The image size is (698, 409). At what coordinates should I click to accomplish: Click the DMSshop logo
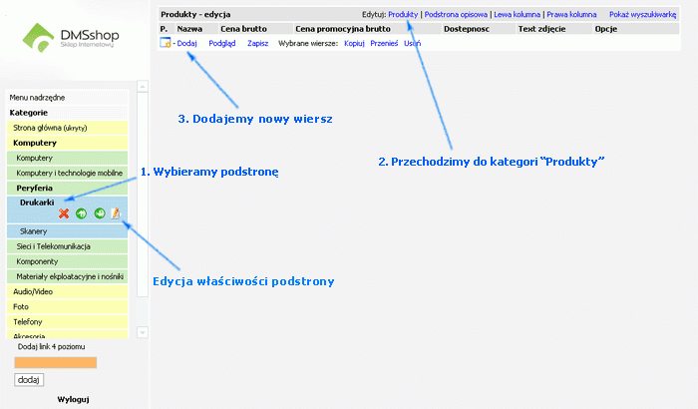tap(71, 38)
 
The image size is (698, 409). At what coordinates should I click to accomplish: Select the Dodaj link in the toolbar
tap(187, 43)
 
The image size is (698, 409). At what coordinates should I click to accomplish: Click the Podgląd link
tap(222, 43)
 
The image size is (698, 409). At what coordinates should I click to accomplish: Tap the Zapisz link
tap(257, 43)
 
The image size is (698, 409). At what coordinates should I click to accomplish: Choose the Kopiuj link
tap(354, 43)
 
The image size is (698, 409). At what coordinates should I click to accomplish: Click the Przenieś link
tap(384, 43)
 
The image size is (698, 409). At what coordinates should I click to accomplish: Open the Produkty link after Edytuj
tap(403, 14)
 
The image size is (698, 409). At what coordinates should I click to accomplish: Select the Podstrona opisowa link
tap(456, 14)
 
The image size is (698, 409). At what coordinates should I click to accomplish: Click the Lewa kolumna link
tap(518, 14)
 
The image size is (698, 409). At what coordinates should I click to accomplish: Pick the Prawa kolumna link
tap(571, 14)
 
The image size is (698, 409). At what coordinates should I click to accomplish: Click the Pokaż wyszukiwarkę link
tap(643, 14)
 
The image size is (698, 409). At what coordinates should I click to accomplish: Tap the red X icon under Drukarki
tap(64, 213)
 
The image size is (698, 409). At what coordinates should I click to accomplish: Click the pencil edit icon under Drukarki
tap(116, 213)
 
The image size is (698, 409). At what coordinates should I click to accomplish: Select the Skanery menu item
tap(67, 231)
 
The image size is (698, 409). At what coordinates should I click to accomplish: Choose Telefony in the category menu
tap(67, 321)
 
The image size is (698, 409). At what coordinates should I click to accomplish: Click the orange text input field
tap(56, 363)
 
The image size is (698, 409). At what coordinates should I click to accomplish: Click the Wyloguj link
tap(73, 399)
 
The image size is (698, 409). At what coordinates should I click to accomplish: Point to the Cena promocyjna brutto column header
tap(343, 29)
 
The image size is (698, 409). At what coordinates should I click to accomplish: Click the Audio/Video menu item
tap(67, 292)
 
